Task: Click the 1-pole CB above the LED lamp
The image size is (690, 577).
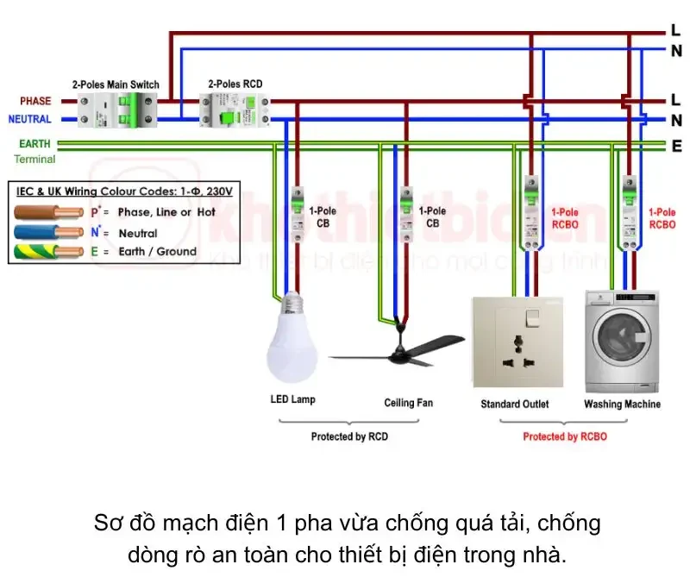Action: (297, 210)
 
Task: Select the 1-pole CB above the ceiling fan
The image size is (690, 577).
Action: (405, 210)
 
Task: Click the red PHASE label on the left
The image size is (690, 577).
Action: (35, 101)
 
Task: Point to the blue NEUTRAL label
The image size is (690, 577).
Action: (30, 119)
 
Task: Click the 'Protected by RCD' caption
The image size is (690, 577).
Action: (349, 436)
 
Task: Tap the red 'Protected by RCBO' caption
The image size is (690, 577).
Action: (565, 436)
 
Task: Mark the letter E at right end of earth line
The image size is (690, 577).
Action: (677, 147)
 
